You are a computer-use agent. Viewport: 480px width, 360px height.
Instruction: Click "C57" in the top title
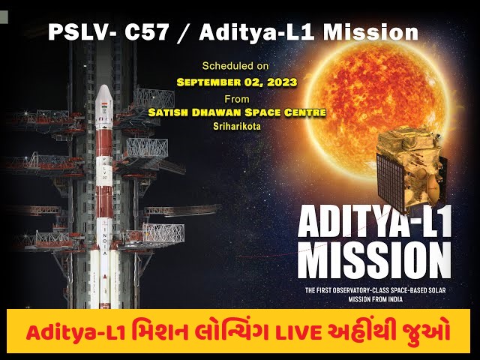(x=147, y=32)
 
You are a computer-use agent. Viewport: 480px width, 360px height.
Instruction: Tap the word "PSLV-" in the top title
(x=82, y=32)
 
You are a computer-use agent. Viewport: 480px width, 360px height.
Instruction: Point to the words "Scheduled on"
(x=235, y=66)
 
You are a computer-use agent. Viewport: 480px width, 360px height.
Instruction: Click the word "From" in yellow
(x=237, y=99)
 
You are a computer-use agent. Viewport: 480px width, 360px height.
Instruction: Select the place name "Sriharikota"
(x=237, y=126)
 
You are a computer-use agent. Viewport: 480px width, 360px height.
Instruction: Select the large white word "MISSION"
(x=374, y=260)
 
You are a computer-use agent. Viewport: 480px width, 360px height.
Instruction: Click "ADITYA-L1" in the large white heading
(x=374, y=221)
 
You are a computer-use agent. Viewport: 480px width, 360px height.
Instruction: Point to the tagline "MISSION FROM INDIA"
(x=375, y=299)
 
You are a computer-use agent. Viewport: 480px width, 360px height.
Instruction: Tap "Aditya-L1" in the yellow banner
(x=76, y=333)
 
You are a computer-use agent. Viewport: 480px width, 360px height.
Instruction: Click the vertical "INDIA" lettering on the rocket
(x=105, y=241)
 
